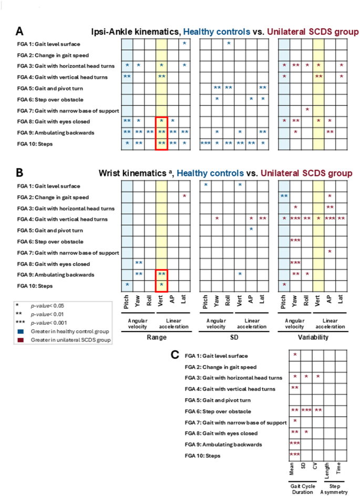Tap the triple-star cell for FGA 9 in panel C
tap(295, 444)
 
